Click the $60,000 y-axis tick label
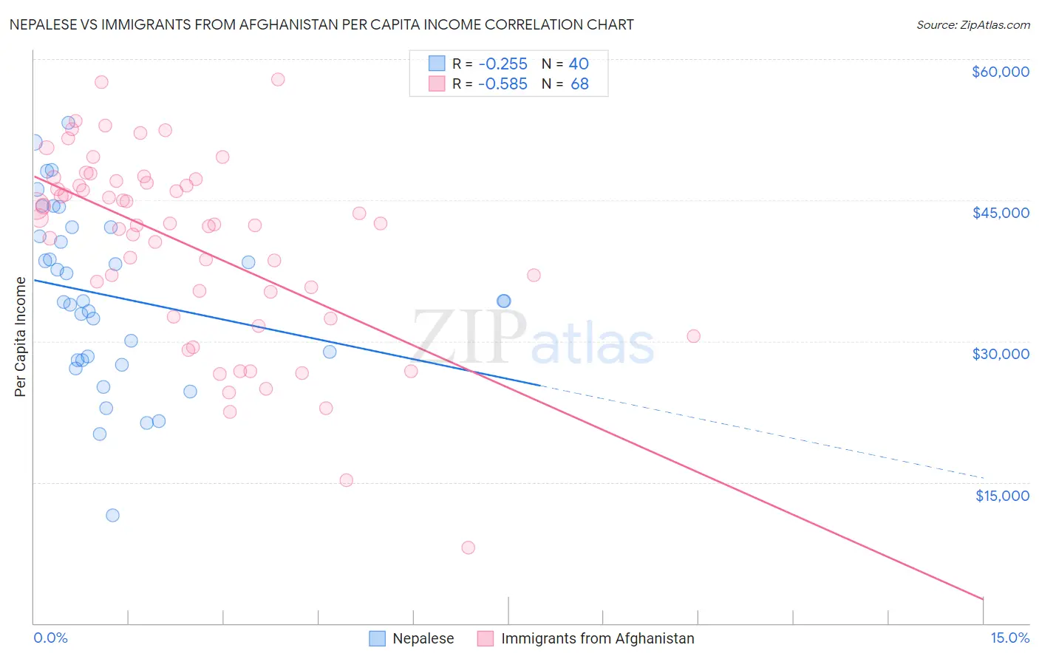(x=1000, y=72)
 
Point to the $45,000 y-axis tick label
(x=1000, y=213)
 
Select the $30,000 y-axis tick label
(x=1000, y=354)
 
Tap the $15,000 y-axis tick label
(x=1001, y=496)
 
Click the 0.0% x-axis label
(x=50, y=638)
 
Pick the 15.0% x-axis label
(x=1009, y=638)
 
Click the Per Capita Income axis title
(x=21, y=336)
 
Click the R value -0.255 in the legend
(x=503, y=64)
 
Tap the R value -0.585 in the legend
(x=503, y=83)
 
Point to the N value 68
(x=579, y=83)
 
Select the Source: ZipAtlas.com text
(x=972, y=25)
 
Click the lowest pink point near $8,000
(x=468, y=547)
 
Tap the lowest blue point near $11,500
(x=112, y=515)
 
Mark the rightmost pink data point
(x=693, y=336)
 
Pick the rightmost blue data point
(x=503, y=301)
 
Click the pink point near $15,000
(x=346, y=480)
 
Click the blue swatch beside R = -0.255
(x=437, y=64)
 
